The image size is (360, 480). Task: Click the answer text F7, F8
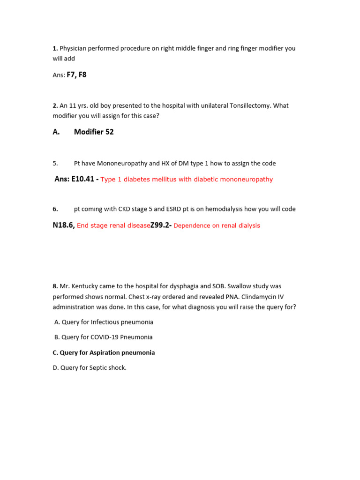(76, 75)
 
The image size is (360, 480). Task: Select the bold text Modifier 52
(94, 132)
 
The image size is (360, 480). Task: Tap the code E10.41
(83, 179)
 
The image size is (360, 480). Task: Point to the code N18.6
(63, 225)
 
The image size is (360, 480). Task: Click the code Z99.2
(160, 225)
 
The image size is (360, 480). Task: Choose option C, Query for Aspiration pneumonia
(104, 352)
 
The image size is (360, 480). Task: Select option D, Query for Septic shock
(90, 368)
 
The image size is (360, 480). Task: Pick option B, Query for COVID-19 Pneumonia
(103, 337)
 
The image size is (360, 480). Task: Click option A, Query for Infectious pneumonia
(104, 322)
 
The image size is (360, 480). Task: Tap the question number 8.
(55, 286)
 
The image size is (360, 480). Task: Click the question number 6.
(55, 209)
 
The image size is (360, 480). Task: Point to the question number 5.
(55, 164)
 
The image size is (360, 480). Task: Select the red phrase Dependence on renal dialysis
(217, 226)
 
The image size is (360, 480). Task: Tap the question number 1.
(55, 48)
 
